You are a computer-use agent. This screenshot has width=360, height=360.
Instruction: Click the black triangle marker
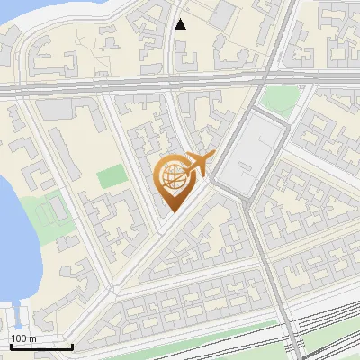[x=181, y=24]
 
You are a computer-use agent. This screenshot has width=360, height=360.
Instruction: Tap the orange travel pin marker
[x=176, y=180]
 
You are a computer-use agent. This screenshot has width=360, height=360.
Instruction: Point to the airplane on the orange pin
[x=196, y=164]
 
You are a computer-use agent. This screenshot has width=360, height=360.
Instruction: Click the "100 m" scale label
[x=24, y=338]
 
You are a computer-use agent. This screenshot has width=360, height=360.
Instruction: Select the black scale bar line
[x=40, y=346]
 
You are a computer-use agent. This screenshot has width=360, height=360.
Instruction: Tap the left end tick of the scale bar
[x=10, y=344]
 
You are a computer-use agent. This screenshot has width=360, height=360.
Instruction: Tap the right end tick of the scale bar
[x=72, y=344]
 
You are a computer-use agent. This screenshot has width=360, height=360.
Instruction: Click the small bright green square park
[x=112, y=176]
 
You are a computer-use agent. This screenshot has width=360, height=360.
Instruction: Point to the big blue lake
[x=11, y=234]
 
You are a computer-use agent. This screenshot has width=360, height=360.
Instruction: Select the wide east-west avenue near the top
[x=135, y=87]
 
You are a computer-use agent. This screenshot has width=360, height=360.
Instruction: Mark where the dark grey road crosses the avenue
[x=258, y=85]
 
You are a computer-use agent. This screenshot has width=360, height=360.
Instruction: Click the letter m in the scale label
[x=33, y=338]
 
